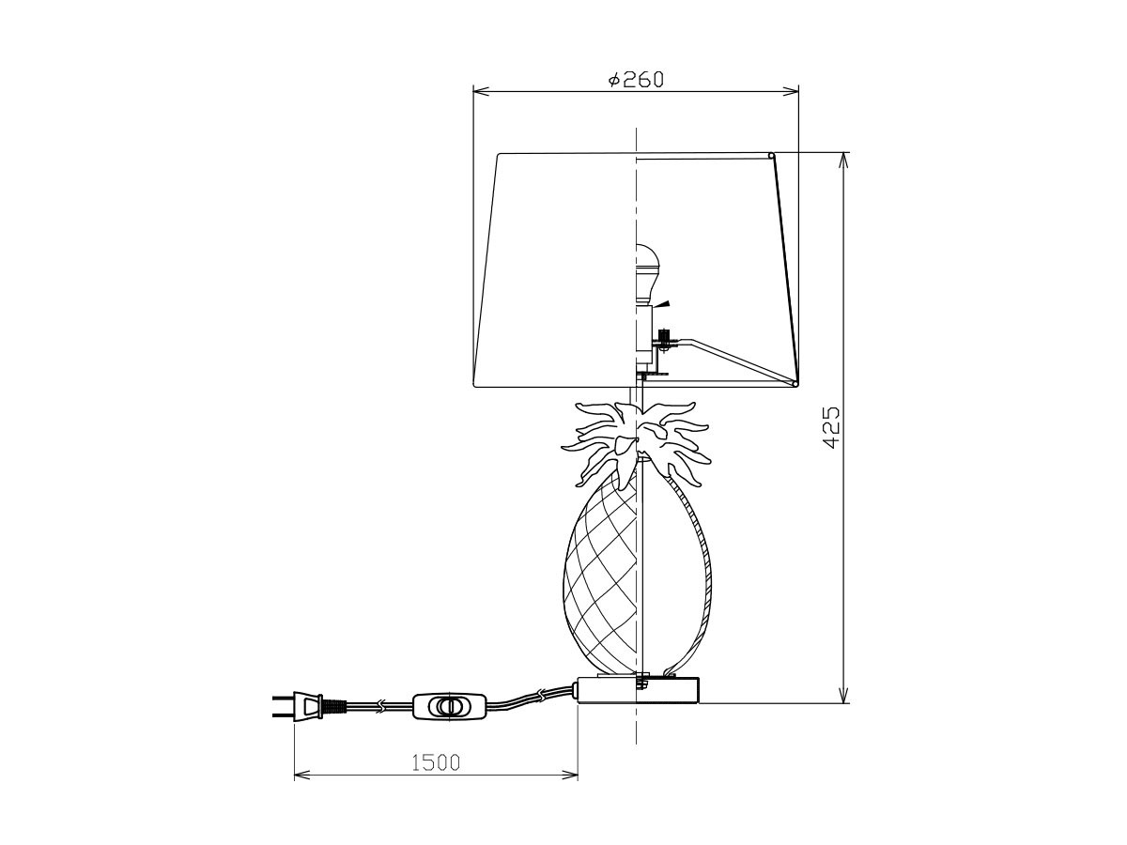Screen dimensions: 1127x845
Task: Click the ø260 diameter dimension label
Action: pos(635,80)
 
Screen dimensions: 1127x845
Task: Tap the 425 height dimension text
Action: pos(830,428)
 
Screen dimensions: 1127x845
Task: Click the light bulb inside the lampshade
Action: pos(644,275)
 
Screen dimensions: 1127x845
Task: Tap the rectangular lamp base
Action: pos(639,690)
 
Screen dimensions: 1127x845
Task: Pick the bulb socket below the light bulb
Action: pos(644,335)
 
